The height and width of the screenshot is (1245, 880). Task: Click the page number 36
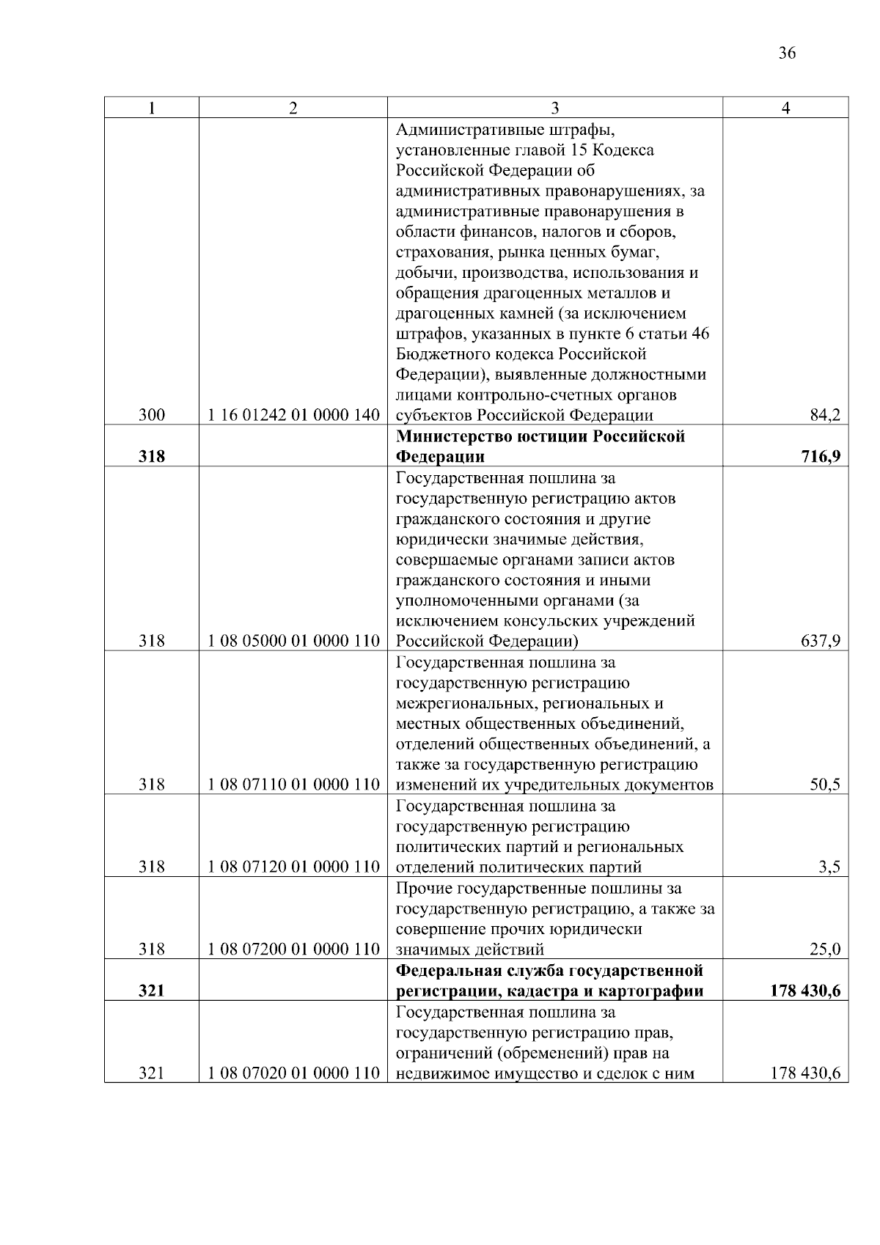click(787, 53)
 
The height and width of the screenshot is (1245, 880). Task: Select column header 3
click(555, 108)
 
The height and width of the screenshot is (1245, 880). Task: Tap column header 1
click(151, 108)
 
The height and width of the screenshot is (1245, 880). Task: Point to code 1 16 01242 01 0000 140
click(293, 416)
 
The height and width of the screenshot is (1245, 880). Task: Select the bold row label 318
click(151, 457)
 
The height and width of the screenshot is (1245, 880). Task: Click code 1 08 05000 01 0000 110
click(293, 642)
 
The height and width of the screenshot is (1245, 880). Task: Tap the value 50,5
click(824, 785)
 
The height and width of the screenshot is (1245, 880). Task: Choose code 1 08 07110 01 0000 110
click(293, 785)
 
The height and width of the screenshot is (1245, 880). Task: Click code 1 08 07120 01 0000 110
click(293, 867)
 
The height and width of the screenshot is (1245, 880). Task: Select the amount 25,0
click(824, 950)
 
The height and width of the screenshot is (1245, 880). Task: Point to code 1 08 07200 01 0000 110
click(293, 950)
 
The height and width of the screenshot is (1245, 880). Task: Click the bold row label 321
click(151, 991)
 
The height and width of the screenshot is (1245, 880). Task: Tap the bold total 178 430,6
click(804, 991)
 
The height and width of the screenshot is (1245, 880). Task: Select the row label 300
click(151, 416)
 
